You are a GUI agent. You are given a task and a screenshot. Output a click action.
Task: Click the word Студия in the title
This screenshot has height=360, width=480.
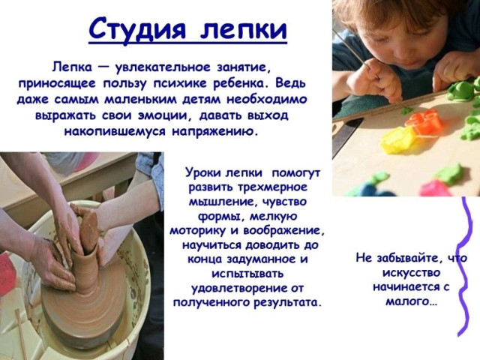(x=137, y=29)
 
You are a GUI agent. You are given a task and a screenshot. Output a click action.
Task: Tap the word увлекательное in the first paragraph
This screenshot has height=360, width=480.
(x=163, y=67)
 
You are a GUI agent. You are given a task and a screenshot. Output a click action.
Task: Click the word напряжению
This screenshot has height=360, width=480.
(x=213, y=132)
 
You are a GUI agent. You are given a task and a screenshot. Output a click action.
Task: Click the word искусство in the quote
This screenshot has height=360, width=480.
(x=411, y=273)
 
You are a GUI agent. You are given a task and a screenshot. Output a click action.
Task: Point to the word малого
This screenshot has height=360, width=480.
(x=410, y=301)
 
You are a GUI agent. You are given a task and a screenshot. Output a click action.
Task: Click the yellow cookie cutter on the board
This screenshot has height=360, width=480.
(x=397, y=139)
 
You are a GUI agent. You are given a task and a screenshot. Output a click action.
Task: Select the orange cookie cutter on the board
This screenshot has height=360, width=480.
(x=424, y=122)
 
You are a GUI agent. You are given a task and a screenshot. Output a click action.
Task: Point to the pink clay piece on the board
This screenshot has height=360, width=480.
(x=435, y=188)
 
